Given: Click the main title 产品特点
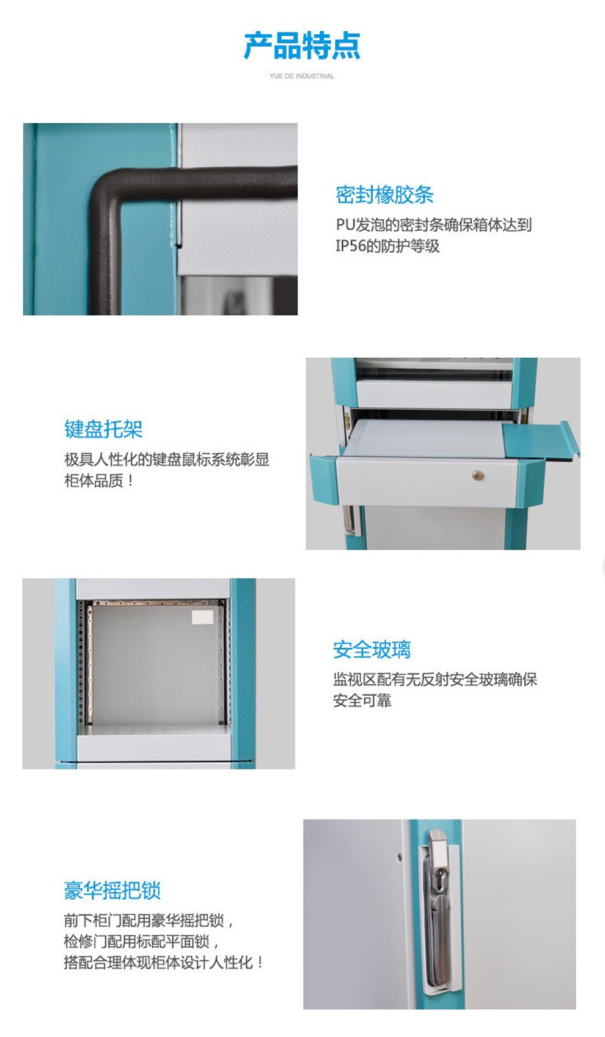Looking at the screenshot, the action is pyautogui.click(x=302, y=45).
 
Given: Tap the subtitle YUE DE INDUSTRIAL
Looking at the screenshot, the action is pyautogui.click(x=302, y=76).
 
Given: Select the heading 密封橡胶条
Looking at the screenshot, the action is pyautogui.click(x=384, y=195).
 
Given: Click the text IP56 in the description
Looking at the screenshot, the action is pyautogui.click(x=351, y=246).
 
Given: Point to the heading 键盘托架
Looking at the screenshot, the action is pyautogui.click(x=103, y=429).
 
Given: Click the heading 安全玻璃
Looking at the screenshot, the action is pyautogui.click(x=372, y=650).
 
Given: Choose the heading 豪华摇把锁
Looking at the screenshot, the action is pyautogui.click(x=112, y=890).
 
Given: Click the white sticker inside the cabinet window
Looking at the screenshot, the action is pyautogui.click(x=202, y=617).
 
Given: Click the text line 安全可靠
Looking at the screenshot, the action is pyautogui.click(x=362, y=700).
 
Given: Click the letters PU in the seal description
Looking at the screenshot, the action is pyautogui.click(x=345, y=225).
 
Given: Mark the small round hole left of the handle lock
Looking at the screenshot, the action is pyautogui.click(x=399, y=858).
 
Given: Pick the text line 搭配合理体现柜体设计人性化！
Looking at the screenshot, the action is pyautogui.click(x=164, y=962).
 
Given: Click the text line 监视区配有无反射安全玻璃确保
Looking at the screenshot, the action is pyautogui.click(x=435, y=679).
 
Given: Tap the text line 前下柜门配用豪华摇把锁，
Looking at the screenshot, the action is pyautogui.click(x=149, y=920).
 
